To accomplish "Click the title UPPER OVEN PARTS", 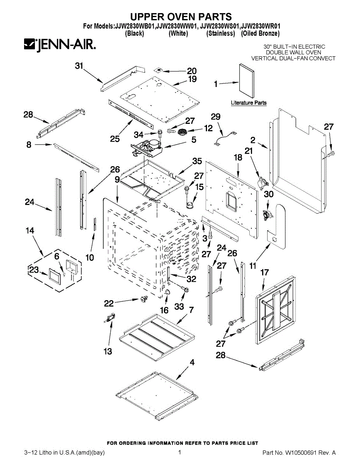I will coord(181,17).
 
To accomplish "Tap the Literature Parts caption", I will coord(249,103).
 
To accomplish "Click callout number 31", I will coord(79,66).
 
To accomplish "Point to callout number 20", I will coord(192,71).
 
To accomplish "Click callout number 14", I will coord(30,231).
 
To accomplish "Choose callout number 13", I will coord(108,351).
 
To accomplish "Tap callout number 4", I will coord(192,363).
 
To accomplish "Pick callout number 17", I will coord(264,273).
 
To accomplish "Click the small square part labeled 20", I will coord(158,71).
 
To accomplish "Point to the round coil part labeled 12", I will coord(182,133).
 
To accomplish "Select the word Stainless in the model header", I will coord(221,34).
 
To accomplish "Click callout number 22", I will coord(109,303).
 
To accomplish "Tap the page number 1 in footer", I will coord(180,452).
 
